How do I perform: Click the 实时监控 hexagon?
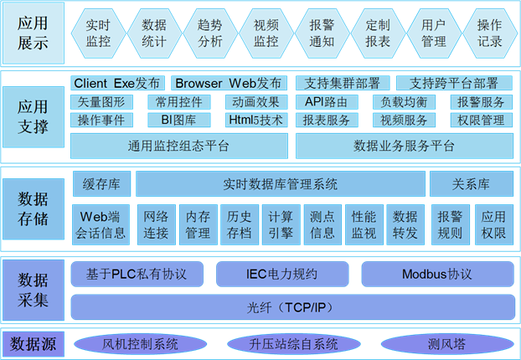[98, 33]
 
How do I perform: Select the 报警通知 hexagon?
[322, 33]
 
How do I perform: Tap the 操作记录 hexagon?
[489, 33]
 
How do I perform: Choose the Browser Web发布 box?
[229, 84]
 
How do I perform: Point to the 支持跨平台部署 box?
[453, 84]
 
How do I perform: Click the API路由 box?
[327, 102]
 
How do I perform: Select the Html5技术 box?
[255, 120]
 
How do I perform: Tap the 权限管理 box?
[482, 120]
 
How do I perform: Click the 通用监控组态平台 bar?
[179, 146]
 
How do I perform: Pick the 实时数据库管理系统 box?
[281, 184]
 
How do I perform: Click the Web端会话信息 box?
[101, 224]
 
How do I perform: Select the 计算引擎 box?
[281, 224]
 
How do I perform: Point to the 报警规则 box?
[451, 224]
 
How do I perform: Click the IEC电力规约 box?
[281, 275]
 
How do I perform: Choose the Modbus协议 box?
[436, 275]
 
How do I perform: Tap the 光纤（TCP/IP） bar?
[291, 307]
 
